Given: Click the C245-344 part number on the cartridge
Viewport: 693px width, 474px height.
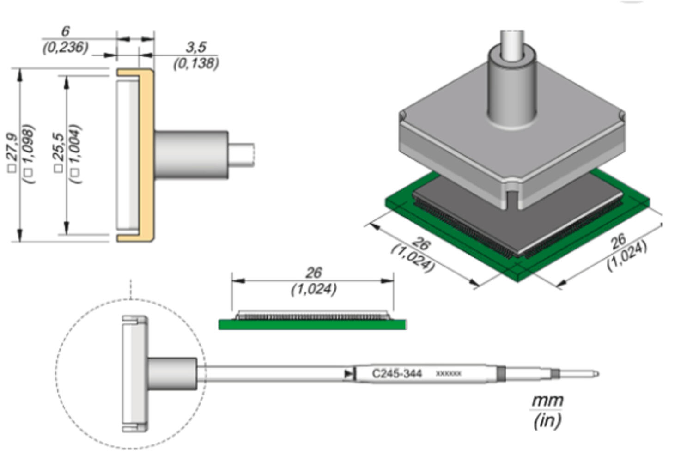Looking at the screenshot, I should (397, 373).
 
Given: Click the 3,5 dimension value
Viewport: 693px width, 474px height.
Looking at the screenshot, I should (196, 47).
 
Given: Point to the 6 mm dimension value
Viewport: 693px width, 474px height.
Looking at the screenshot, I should (65, 31).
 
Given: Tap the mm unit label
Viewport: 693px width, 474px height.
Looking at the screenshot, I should (547, 400).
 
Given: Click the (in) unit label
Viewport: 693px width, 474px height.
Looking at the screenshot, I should (547, 420).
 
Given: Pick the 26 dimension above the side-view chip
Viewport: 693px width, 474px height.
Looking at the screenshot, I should (314, 273).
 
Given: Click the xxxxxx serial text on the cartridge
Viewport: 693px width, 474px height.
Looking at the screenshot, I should (448, 373).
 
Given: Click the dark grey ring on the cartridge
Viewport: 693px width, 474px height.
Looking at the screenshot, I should (501, 373).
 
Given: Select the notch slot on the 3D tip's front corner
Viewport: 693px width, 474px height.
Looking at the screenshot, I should (511, 196).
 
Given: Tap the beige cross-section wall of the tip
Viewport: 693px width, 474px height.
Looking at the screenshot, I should (146, 155).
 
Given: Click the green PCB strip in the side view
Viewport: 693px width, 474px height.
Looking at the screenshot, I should (312, 325).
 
